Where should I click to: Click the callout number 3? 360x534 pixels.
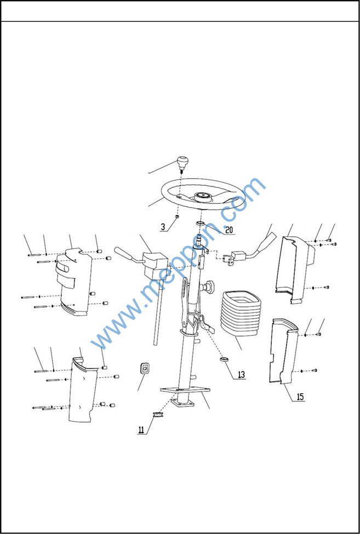[x=164, y=227]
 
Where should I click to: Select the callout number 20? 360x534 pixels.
[x=229, y=230]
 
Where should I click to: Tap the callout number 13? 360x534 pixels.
[x=241, y=375]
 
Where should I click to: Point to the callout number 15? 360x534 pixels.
[x=300, y=397]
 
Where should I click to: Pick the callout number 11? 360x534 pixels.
[x=141, y=429]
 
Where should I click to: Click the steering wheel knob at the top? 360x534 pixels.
[x=182, y=163]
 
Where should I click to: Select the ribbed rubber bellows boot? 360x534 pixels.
[x=241, y=313]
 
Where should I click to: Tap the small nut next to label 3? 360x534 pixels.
[x=178, y=216]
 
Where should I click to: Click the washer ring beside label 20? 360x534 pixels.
[x=200, y=223]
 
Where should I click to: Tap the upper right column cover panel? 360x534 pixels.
[x=295, y=269]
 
